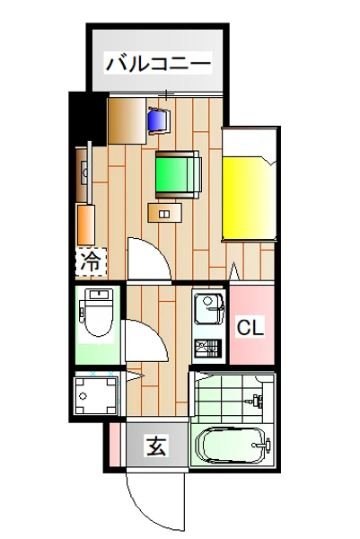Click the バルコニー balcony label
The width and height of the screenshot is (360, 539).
coord(158,65)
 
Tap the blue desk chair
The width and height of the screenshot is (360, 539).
coord(158,119)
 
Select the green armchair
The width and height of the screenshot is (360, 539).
coord(178,172)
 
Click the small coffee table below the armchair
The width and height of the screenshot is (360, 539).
coord(164,213)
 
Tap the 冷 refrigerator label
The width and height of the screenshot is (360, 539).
coord(91,262)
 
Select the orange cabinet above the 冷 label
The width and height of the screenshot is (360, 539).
coord(85,225)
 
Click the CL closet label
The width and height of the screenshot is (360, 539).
coord(250,328)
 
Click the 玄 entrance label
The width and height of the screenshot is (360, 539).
coord(156,444)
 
